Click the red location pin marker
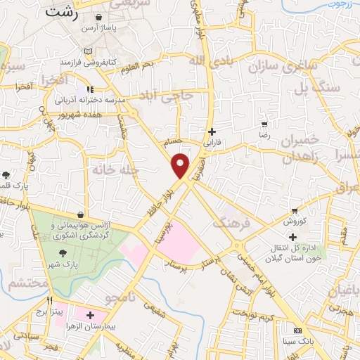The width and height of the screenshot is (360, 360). [181, 165]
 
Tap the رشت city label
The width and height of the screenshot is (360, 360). [61, 11]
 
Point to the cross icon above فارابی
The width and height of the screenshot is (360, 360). [212, 131]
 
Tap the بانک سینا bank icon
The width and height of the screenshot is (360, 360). [297, 330]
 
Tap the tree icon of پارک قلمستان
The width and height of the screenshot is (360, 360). [6, 174]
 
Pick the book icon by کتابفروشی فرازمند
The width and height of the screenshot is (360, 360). [87, 52]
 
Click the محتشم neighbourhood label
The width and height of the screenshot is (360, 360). [28, 284]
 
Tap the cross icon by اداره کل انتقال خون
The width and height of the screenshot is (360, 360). [292, 237]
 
